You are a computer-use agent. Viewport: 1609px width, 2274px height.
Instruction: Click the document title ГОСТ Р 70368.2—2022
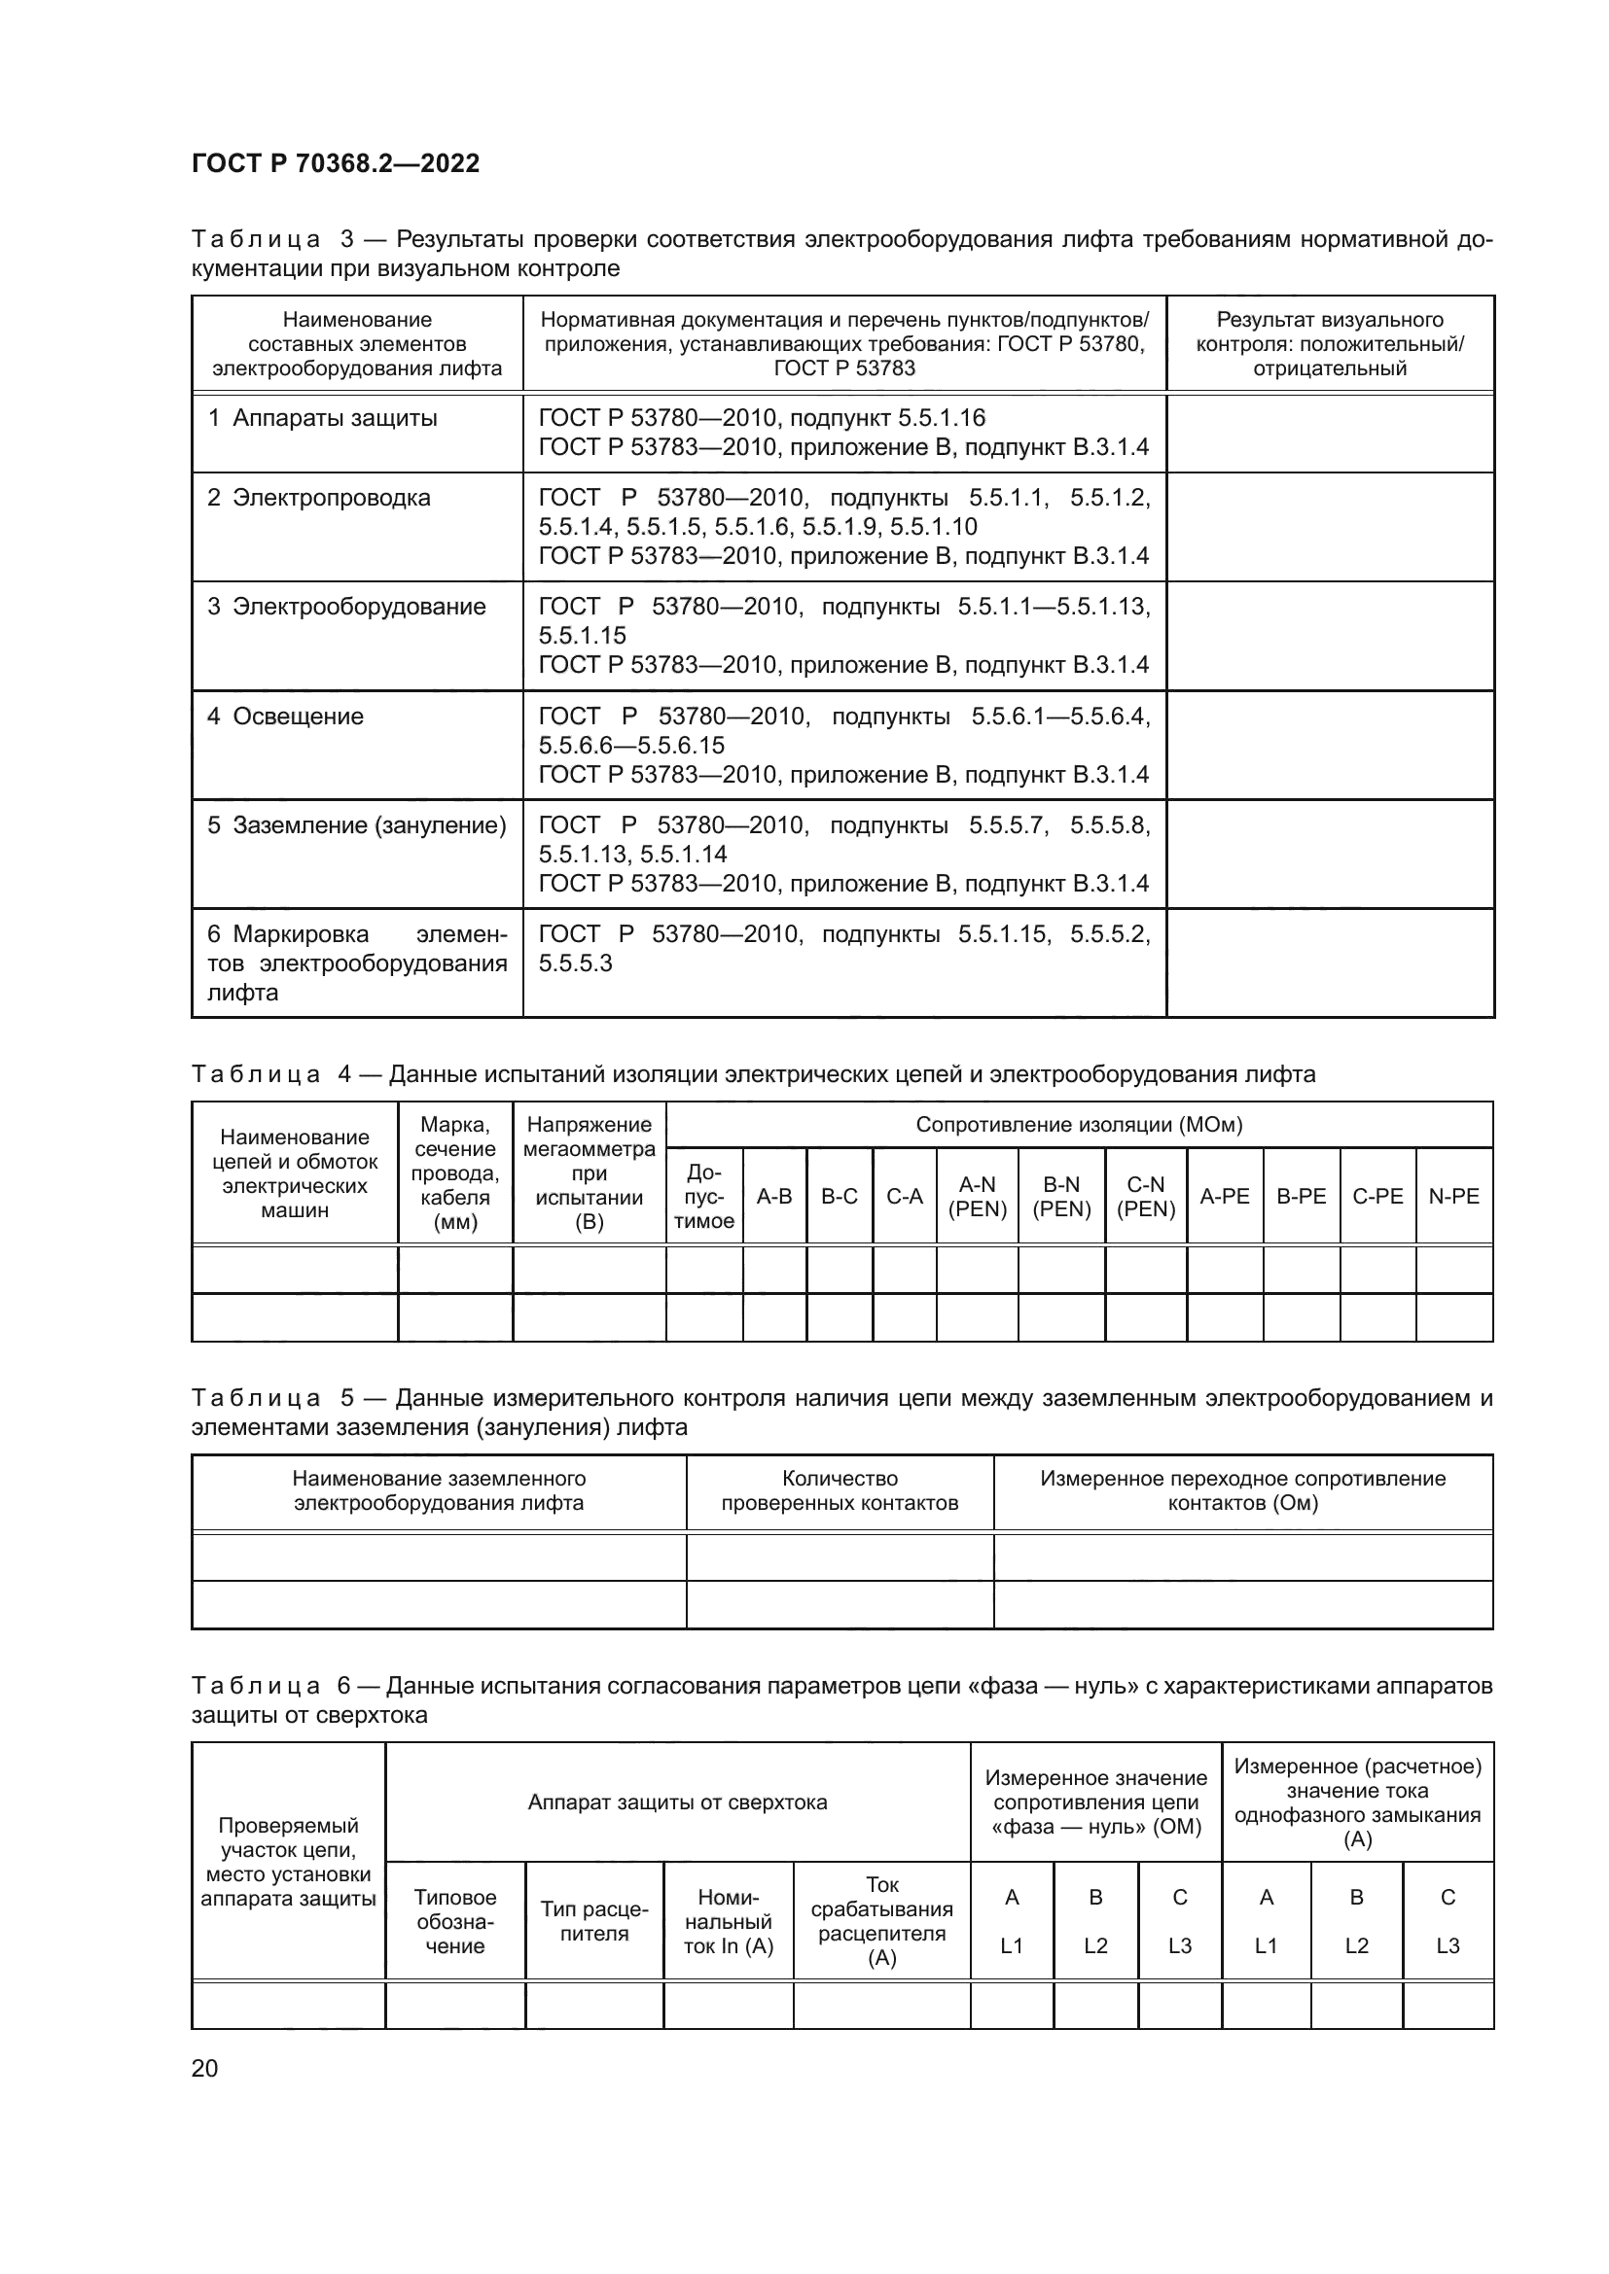click(335, 163)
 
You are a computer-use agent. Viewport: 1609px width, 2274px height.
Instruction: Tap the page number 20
click(204, 2068)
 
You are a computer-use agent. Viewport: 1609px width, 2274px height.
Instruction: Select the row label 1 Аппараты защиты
click(322, 418)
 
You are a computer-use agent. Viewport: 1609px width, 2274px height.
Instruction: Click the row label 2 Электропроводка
click(319, 497)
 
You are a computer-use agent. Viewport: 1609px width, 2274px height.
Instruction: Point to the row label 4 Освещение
click(285, 717)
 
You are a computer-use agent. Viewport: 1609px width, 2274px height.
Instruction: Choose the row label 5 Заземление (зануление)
click(357, 825)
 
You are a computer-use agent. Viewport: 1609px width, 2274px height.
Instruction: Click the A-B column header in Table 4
click(773, 1197)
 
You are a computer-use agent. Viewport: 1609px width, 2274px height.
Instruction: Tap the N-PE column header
click(1453, 1197)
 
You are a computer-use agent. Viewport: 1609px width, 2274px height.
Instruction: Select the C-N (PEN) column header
click(1145, 1197)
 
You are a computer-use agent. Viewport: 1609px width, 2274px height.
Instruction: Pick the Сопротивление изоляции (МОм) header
click(1079, 1124)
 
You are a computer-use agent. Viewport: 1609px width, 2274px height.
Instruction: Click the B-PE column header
click(1301, 1197)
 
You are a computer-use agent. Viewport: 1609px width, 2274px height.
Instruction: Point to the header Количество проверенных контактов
click(840, 1490)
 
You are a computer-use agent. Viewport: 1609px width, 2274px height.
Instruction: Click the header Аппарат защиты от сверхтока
click(678, 1802)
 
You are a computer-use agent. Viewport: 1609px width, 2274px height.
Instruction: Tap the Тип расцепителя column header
click(594, 1921)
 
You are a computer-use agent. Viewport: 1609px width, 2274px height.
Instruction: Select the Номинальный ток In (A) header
click(729, 1921)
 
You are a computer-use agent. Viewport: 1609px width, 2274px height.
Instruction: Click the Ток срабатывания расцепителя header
click(881, 1921)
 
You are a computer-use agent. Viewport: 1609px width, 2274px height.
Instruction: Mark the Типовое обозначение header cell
click(454, 1921)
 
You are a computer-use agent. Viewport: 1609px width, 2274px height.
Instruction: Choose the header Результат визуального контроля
click(1330, 343)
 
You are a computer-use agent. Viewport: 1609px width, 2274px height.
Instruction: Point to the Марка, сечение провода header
click(454, 1172)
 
